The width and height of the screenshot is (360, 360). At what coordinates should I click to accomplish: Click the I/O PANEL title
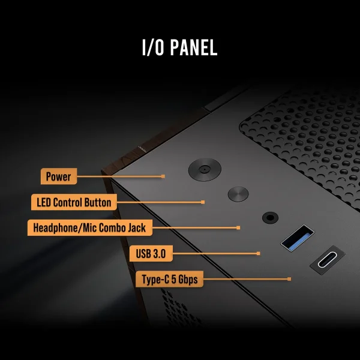180,47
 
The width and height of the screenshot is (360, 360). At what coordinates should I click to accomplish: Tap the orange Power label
59,176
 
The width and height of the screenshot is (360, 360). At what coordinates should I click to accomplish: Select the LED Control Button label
74,202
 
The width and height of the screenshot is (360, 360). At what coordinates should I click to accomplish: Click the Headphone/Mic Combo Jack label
90,228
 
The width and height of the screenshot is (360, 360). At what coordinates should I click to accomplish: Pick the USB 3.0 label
151,253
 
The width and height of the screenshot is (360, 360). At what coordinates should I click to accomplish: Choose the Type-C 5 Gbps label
169,279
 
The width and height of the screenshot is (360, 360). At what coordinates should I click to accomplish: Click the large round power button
205,170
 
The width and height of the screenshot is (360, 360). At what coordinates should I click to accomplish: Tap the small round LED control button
238,194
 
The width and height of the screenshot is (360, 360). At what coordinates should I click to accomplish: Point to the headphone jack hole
270,217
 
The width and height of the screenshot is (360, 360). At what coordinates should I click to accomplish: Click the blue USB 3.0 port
298,238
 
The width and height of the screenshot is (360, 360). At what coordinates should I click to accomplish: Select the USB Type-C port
328,260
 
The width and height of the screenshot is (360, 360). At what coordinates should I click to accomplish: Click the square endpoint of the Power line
163,176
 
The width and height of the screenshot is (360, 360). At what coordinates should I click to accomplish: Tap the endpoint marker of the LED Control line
203,202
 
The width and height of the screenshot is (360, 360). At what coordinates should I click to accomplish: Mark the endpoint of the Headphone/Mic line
238,228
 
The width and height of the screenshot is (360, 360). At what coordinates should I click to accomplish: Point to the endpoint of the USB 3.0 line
258,253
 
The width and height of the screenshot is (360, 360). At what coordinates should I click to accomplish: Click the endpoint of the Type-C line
289,279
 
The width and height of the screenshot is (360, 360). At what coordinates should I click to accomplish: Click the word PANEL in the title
194,47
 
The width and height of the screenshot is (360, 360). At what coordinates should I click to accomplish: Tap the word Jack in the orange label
137,228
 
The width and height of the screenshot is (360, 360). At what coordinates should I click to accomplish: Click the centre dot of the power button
203,170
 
